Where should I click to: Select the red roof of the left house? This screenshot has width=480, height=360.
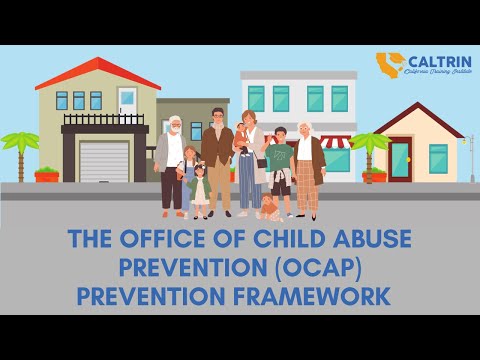click(x=96, y=75)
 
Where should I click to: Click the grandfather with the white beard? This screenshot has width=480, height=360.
click(x=173, y=160)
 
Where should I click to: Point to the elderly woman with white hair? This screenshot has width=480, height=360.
click(x=306, y=165)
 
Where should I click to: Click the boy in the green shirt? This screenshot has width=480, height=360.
click(x=279, y=165)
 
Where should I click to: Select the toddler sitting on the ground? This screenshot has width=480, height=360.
click(x=268, y=207)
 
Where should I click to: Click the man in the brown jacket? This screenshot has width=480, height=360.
click(x=218, y=160)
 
